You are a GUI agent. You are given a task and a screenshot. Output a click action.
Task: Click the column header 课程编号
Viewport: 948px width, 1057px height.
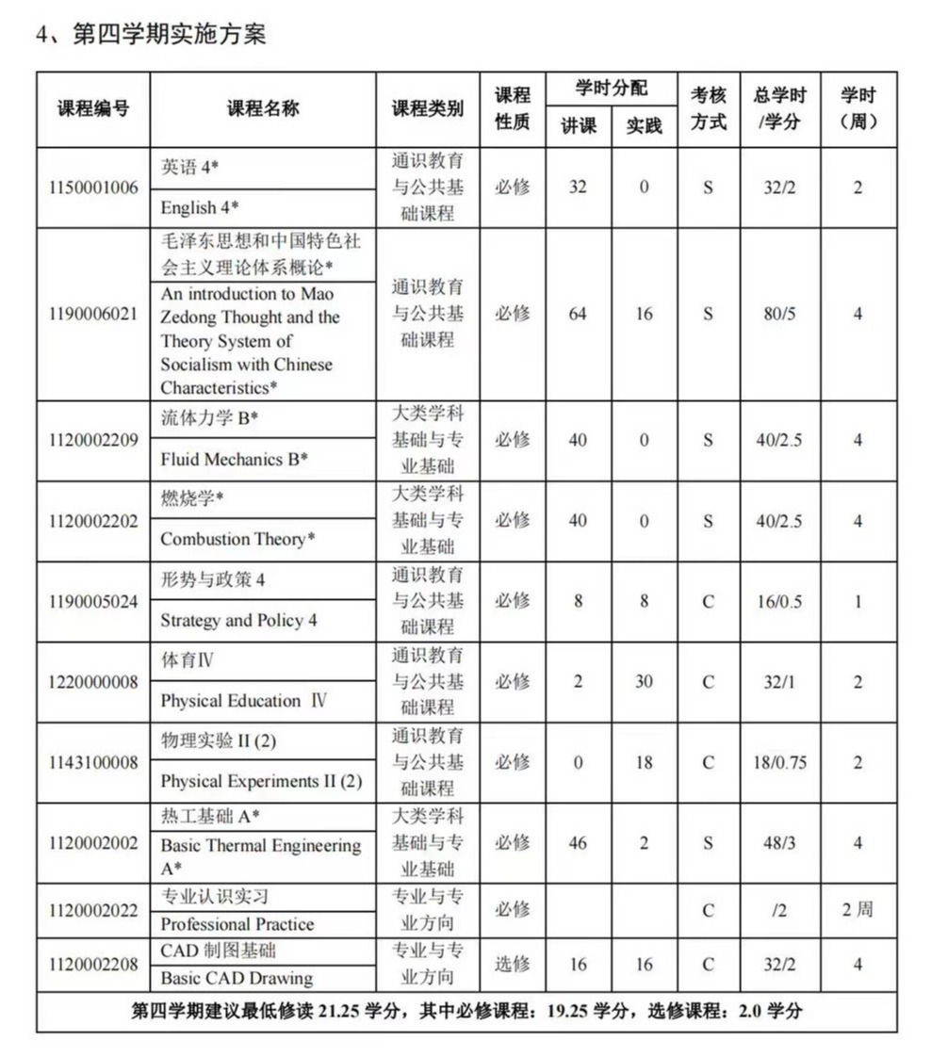pos(92,108)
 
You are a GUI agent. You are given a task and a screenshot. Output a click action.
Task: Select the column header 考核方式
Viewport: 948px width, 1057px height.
pos(708,108)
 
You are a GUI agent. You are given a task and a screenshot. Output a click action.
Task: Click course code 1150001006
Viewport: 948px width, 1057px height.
pos(92,187)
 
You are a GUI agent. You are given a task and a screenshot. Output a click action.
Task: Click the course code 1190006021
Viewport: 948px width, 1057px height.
pos(92,314)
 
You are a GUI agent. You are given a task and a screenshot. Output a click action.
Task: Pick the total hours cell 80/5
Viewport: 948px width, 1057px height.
pos(778,314)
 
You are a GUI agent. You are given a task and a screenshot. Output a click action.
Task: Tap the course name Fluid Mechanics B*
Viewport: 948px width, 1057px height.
pos(235,460)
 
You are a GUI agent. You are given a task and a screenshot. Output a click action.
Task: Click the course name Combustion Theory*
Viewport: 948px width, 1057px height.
pos(237,540)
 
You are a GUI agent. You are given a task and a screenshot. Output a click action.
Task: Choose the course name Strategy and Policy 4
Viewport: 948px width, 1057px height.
pos(238,621)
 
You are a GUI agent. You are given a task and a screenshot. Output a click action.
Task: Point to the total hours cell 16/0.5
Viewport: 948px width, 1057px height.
pos(778,601)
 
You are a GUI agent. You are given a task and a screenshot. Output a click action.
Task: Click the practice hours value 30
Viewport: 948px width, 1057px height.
pos(644,681)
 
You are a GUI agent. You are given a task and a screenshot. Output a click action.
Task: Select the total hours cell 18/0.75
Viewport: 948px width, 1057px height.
pos(778,762)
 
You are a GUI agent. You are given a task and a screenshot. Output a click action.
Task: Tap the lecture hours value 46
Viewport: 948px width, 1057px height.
pos(578,842)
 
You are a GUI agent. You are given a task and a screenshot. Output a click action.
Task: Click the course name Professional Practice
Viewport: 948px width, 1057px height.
pos(237,924)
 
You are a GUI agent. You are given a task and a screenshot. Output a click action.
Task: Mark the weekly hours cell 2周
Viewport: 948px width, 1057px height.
pos(858,910)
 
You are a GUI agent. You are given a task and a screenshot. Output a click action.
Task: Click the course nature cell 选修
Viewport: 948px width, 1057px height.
pos(513,964)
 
